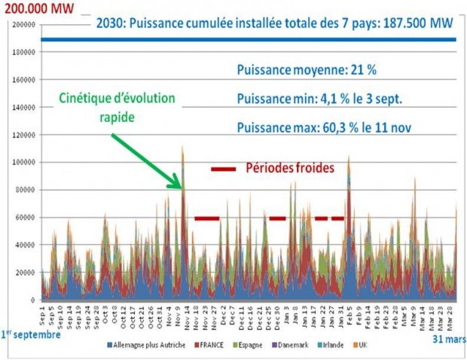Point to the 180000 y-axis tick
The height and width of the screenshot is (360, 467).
coord(25,52)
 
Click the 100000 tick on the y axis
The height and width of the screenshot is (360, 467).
coord(25,162)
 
